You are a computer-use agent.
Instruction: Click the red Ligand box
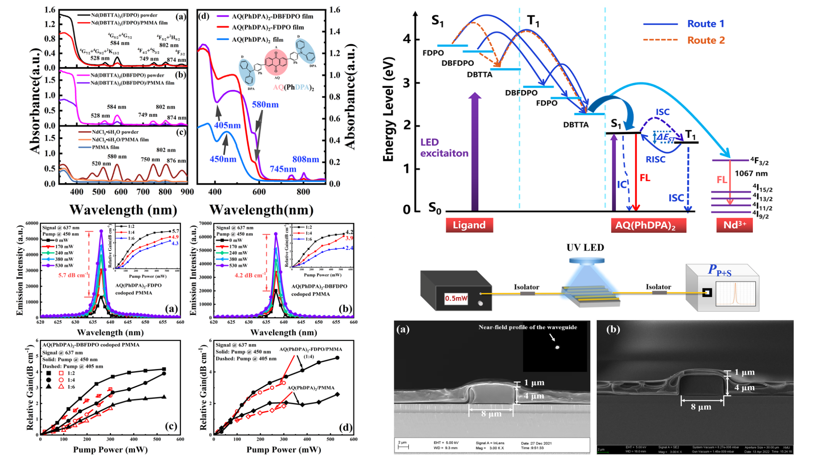point(469,225)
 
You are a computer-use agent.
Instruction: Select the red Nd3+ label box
point(734,225)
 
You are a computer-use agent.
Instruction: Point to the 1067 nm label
point(751,173)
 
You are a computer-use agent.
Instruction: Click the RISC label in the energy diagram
point(655,159)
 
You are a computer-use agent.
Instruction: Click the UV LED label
point(585,248)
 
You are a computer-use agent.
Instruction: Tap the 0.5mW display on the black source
point(456,298)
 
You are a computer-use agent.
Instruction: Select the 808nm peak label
point(306,160)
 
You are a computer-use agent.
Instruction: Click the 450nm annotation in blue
point(223,159)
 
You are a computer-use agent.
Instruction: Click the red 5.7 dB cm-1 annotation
point(73,275)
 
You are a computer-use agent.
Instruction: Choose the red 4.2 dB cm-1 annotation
point(250,275)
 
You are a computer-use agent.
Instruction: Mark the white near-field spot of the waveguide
point(557,347)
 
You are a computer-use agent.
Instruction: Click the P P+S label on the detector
point(720,270)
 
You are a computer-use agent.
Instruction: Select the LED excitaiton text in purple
point(444,148)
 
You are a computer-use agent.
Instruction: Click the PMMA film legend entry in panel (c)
point(105,148)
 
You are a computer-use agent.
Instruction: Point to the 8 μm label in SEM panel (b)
point(701,407)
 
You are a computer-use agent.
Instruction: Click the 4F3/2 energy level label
point(759,160)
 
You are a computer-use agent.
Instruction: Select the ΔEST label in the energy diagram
point(665,137)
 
